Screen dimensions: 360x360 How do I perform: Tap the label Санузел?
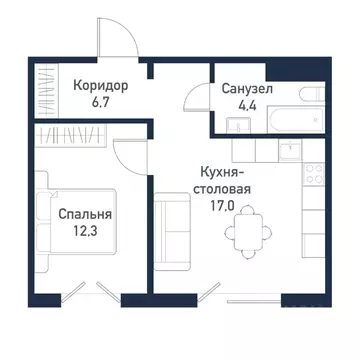(245, 89)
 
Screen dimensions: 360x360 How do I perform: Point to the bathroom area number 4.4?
(245, 105)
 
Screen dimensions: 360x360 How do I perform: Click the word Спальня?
(84, 214)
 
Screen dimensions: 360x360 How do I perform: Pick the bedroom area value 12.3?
(84, 231)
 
